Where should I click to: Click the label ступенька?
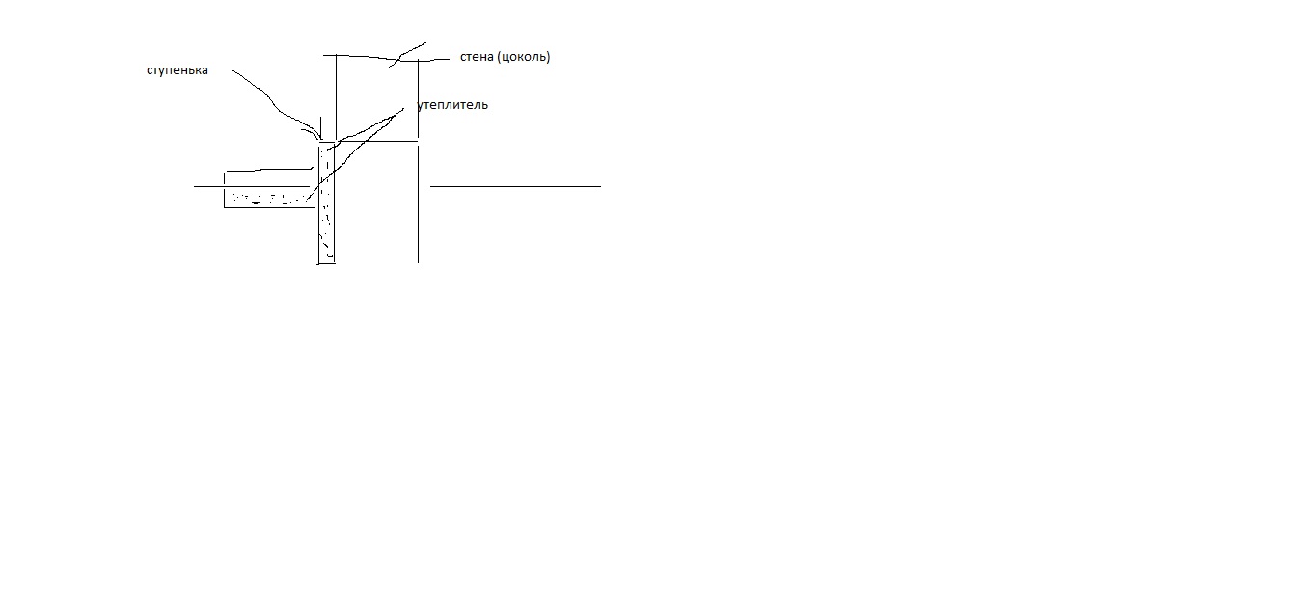click(177, 70)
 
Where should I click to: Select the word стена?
click(477, 57)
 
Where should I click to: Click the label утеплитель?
click(452, 105)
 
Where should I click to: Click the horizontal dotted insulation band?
click(269, 198)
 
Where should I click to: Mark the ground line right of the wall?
click(515, 187)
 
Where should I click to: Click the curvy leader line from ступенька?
click(274, 105)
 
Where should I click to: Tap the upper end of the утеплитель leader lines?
click(403, 109)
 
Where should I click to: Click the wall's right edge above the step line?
click(419, 98)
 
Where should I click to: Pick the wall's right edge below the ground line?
click(419, 226)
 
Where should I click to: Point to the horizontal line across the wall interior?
click(378, 141)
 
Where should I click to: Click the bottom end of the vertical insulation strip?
click(327, 263)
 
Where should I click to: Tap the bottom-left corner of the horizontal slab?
click(225, 207)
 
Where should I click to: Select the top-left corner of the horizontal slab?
click(225, 172)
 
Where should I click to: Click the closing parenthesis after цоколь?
click(548, 57)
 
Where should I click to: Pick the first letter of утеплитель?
click(421, 106)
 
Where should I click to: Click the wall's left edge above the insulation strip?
click(336, 97)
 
